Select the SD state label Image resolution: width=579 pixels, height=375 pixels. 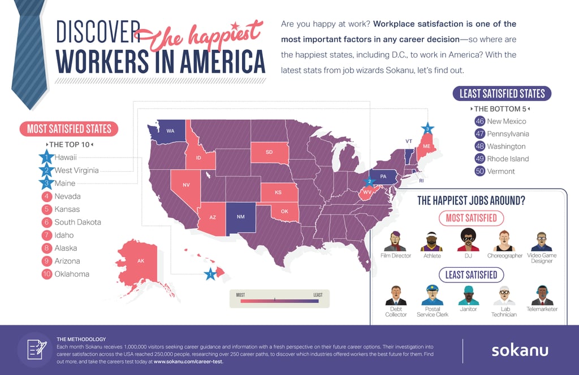click(x=269, y=152)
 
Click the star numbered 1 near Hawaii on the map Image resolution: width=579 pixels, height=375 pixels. click(x=210, y=274)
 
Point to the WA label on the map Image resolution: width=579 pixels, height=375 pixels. click(x=170, y=131)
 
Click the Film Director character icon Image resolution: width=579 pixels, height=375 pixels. click(x=395, y=241)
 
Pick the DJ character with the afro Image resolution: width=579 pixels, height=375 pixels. click(x=468, y=240)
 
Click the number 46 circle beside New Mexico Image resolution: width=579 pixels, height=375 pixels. click(x=480, y=121)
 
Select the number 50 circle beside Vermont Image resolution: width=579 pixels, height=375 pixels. click(x=480, y=171)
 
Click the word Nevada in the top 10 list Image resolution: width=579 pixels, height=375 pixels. click(x=68, y=197)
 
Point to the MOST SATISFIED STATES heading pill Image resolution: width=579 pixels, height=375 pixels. click(x=69, y=129)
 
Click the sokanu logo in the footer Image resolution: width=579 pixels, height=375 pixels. click(x=519, y=350)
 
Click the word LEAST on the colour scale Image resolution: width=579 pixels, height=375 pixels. click(x=318, y=295)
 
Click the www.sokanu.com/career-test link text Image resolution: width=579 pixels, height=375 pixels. click(x=188, y=361)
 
